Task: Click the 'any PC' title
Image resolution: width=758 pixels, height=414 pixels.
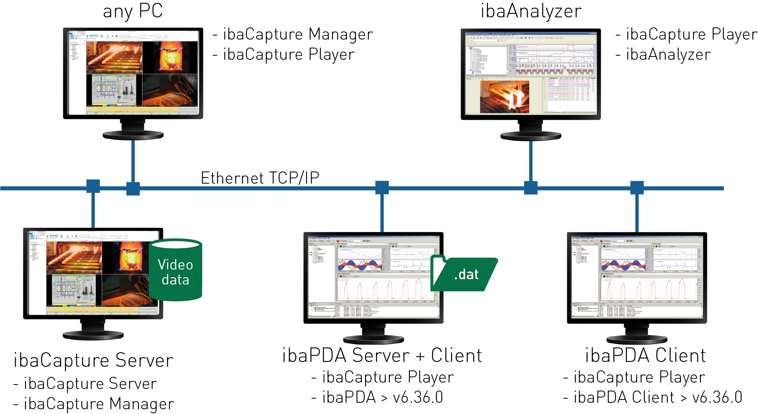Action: coord(133,11)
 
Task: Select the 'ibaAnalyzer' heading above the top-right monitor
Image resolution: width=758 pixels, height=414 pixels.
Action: coord(531,11)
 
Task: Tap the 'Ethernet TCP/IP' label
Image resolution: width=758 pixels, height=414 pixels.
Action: coord(260,178)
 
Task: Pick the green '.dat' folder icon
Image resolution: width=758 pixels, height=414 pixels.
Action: coord(464,274)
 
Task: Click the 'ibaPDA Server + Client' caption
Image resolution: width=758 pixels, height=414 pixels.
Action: coord(382,355)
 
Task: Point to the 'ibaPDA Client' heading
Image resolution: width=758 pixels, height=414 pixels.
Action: coord(645,355)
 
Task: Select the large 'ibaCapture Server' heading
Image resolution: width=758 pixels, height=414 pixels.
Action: coord(93,360)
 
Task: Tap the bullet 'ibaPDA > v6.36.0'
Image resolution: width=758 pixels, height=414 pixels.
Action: coord(382,397)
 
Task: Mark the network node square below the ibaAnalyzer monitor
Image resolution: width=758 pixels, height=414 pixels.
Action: coord(530,188)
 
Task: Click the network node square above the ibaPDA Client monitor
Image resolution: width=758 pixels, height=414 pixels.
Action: coord(637,188)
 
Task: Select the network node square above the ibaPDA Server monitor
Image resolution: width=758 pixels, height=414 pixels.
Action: coord(382,188)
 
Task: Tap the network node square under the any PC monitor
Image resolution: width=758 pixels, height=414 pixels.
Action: coord(133,188)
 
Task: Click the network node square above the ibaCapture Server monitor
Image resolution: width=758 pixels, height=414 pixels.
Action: coord(93,186)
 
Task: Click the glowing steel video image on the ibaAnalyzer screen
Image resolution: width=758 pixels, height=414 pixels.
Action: coord(504,97)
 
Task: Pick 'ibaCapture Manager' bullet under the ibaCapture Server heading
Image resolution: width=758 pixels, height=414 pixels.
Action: coord(99,404)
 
